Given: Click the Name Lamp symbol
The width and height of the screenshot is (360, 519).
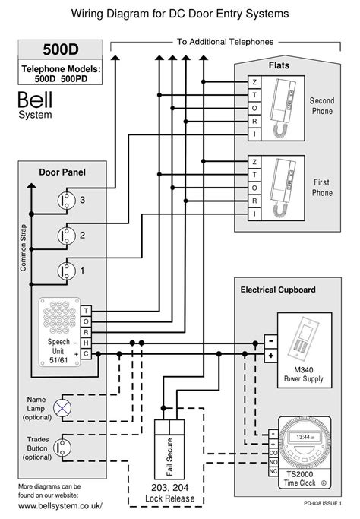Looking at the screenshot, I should coord(65,407).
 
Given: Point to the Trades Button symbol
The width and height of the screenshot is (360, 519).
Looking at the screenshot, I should coord(65,449).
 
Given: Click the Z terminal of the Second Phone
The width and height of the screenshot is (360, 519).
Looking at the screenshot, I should coord(254,82).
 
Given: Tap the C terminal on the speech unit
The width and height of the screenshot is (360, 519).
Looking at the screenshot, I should coord(87,353).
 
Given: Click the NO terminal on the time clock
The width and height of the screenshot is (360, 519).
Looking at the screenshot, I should coord(273,461).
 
